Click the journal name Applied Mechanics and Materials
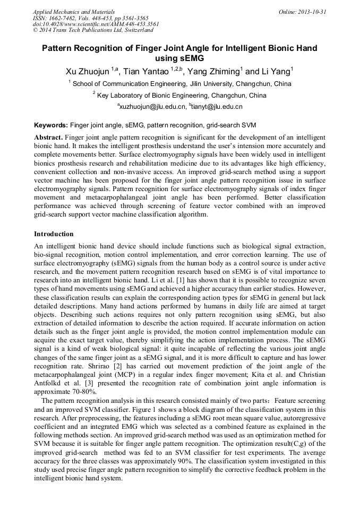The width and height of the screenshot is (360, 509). pyautogui.click(x=73, y=11)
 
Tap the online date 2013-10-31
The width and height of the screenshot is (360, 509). pyautogui.click(x=310, y=11)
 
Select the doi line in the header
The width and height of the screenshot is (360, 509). pyautogui.click(x=96, y=24)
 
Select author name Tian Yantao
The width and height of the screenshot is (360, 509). pyautogui.click(x=146, y=72)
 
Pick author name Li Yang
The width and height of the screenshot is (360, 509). pyautogui.click(x=275, y=72)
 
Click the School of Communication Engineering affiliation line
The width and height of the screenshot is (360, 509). pyautogui.click(x=181, y=84)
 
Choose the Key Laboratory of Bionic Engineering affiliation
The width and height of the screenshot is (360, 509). pyautogui.click(x=180, y=96)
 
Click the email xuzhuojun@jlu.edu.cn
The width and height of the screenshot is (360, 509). pyautogui.click(x=152, y=107)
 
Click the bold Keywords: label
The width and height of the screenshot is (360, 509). pyautogui.click(x=51, y=126)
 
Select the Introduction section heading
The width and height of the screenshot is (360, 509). pyautogui.click(x=54, y=234)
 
